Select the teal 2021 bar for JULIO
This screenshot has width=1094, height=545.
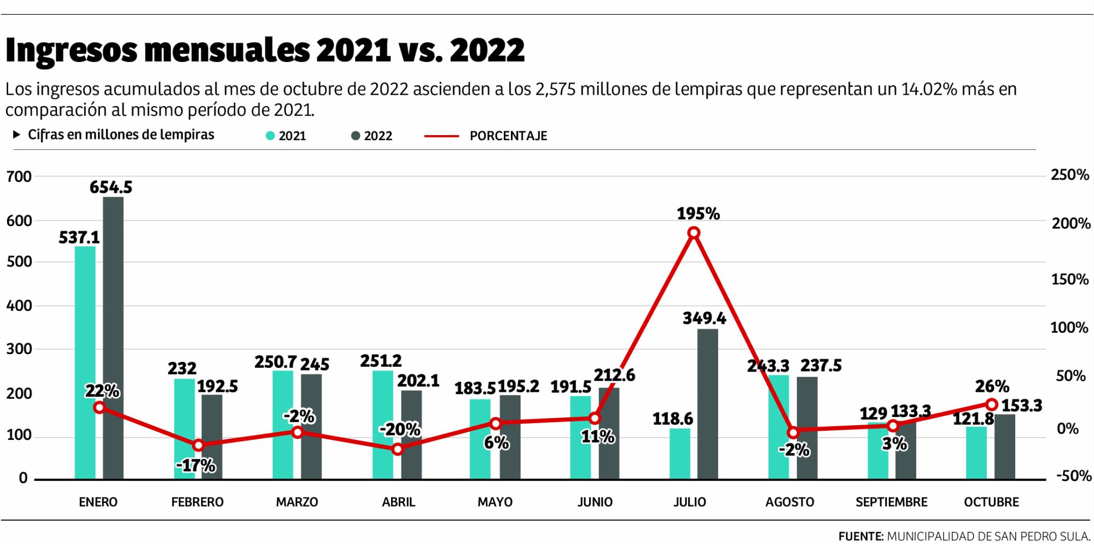[x=680, y=454]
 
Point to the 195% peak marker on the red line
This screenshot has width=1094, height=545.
[x=694, y=233]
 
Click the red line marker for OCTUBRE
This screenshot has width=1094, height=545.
[x=991, y=404]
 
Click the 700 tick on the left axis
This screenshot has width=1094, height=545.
[x=19, y=176]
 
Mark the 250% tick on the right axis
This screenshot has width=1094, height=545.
[x=1069, y=175]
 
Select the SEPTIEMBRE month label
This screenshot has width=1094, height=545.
[x=892, y=502]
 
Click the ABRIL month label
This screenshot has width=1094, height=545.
[x=398, y=502]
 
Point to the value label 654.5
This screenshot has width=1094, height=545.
[x=111, y=188]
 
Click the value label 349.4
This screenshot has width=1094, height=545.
[x=704, y=318]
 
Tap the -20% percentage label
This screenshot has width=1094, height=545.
[x=400, y=430]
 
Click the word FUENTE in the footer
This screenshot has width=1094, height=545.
[x=860, y=536]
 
